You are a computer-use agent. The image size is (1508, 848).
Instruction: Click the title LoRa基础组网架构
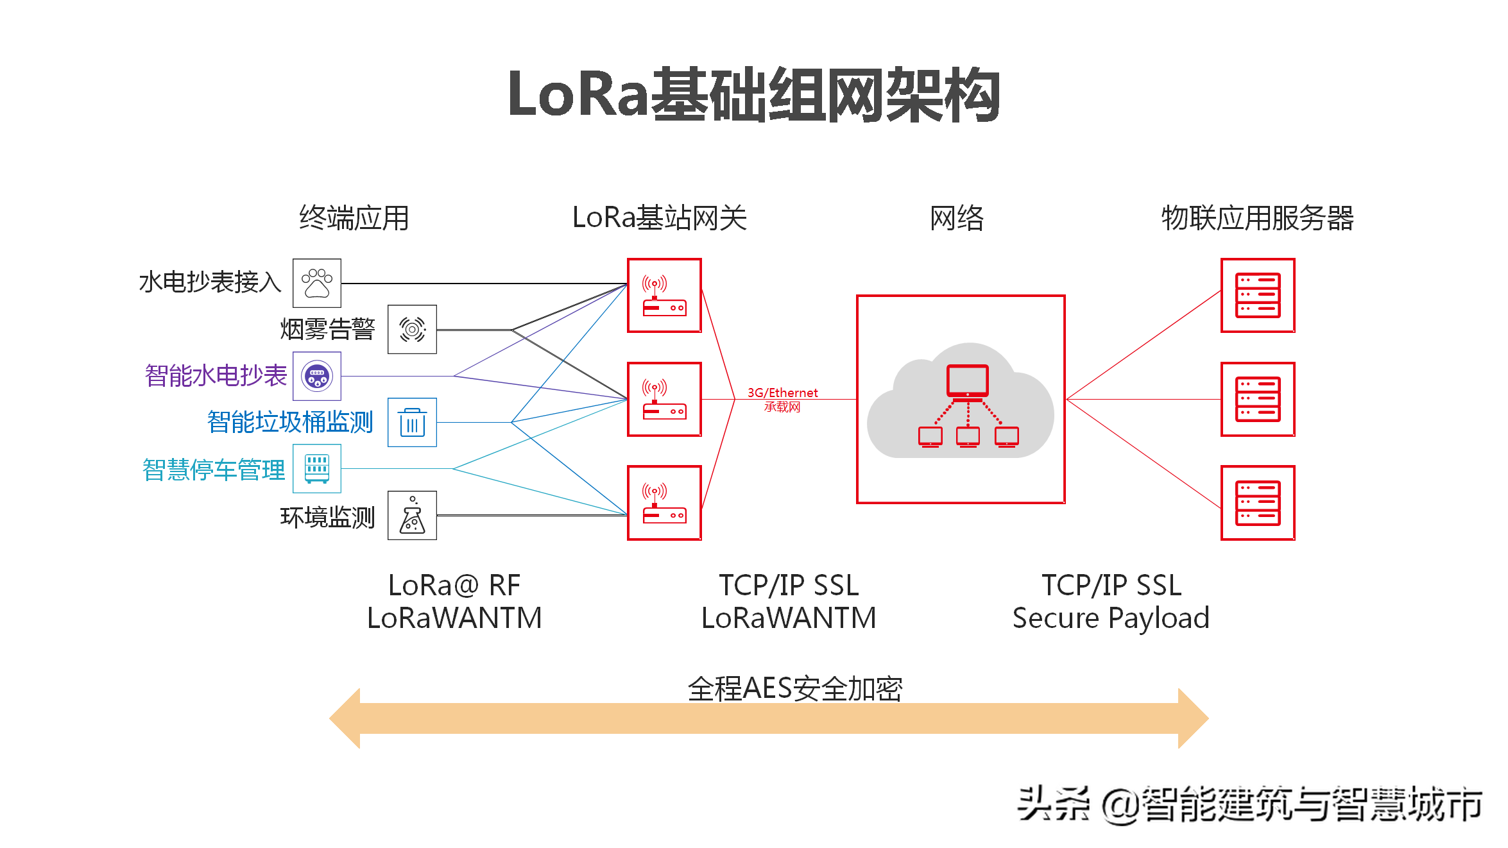tap(753, 95)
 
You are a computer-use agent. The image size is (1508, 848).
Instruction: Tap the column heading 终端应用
tap(354, 218)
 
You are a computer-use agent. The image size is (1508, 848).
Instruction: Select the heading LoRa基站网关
tap(659, 218)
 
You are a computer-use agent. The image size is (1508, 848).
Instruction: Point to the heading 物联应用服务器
tap(1257, 218)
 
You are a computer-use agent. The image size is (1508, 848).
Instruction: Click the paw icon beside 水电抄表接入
tap(317, 283)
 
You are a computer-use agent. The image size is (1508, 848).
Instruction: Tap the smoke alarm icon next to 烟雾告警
tap(412, 329)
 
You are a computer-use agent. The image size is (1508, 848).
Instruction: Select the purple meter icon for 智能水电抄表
tap(317, 376)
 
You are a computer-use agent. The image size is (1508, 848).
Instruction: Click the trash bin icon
tap(412, 422)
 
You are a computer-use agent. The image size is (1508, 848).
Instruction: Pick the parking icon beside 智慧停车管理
tap(317, 468)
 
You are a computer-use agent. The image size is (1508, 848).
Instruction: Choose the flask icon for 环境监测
tap(412, 515)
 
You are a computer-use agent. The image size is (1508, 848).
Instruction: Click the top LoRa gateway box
tap(664, 295)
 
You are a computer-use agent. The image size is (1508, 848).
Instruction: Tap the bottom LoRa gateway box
tap(664, 503)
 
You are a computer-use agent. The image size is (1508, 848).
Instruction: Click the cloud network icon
tap(961, 401)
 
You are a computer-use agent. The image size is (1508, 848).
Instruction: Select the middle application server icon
tap(1258, 399)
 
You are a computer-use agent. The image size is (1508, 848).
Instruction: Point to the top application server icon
tap(1258, 295)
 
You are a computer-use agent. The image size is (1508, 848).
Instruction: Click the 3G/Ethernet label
tap(782, 393)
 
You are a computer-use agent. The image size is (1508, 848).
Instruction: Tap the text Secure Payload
tap(1111, 618)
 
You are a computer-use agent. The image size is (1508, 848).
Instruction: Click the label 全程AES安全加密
tap(794, 689)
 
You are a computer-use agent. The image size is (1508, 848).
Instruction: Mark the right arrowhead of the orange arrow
tap(1193, 718)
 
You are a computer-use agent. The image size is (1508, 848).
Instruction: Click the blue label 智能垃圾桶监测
tap(290, 422)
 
